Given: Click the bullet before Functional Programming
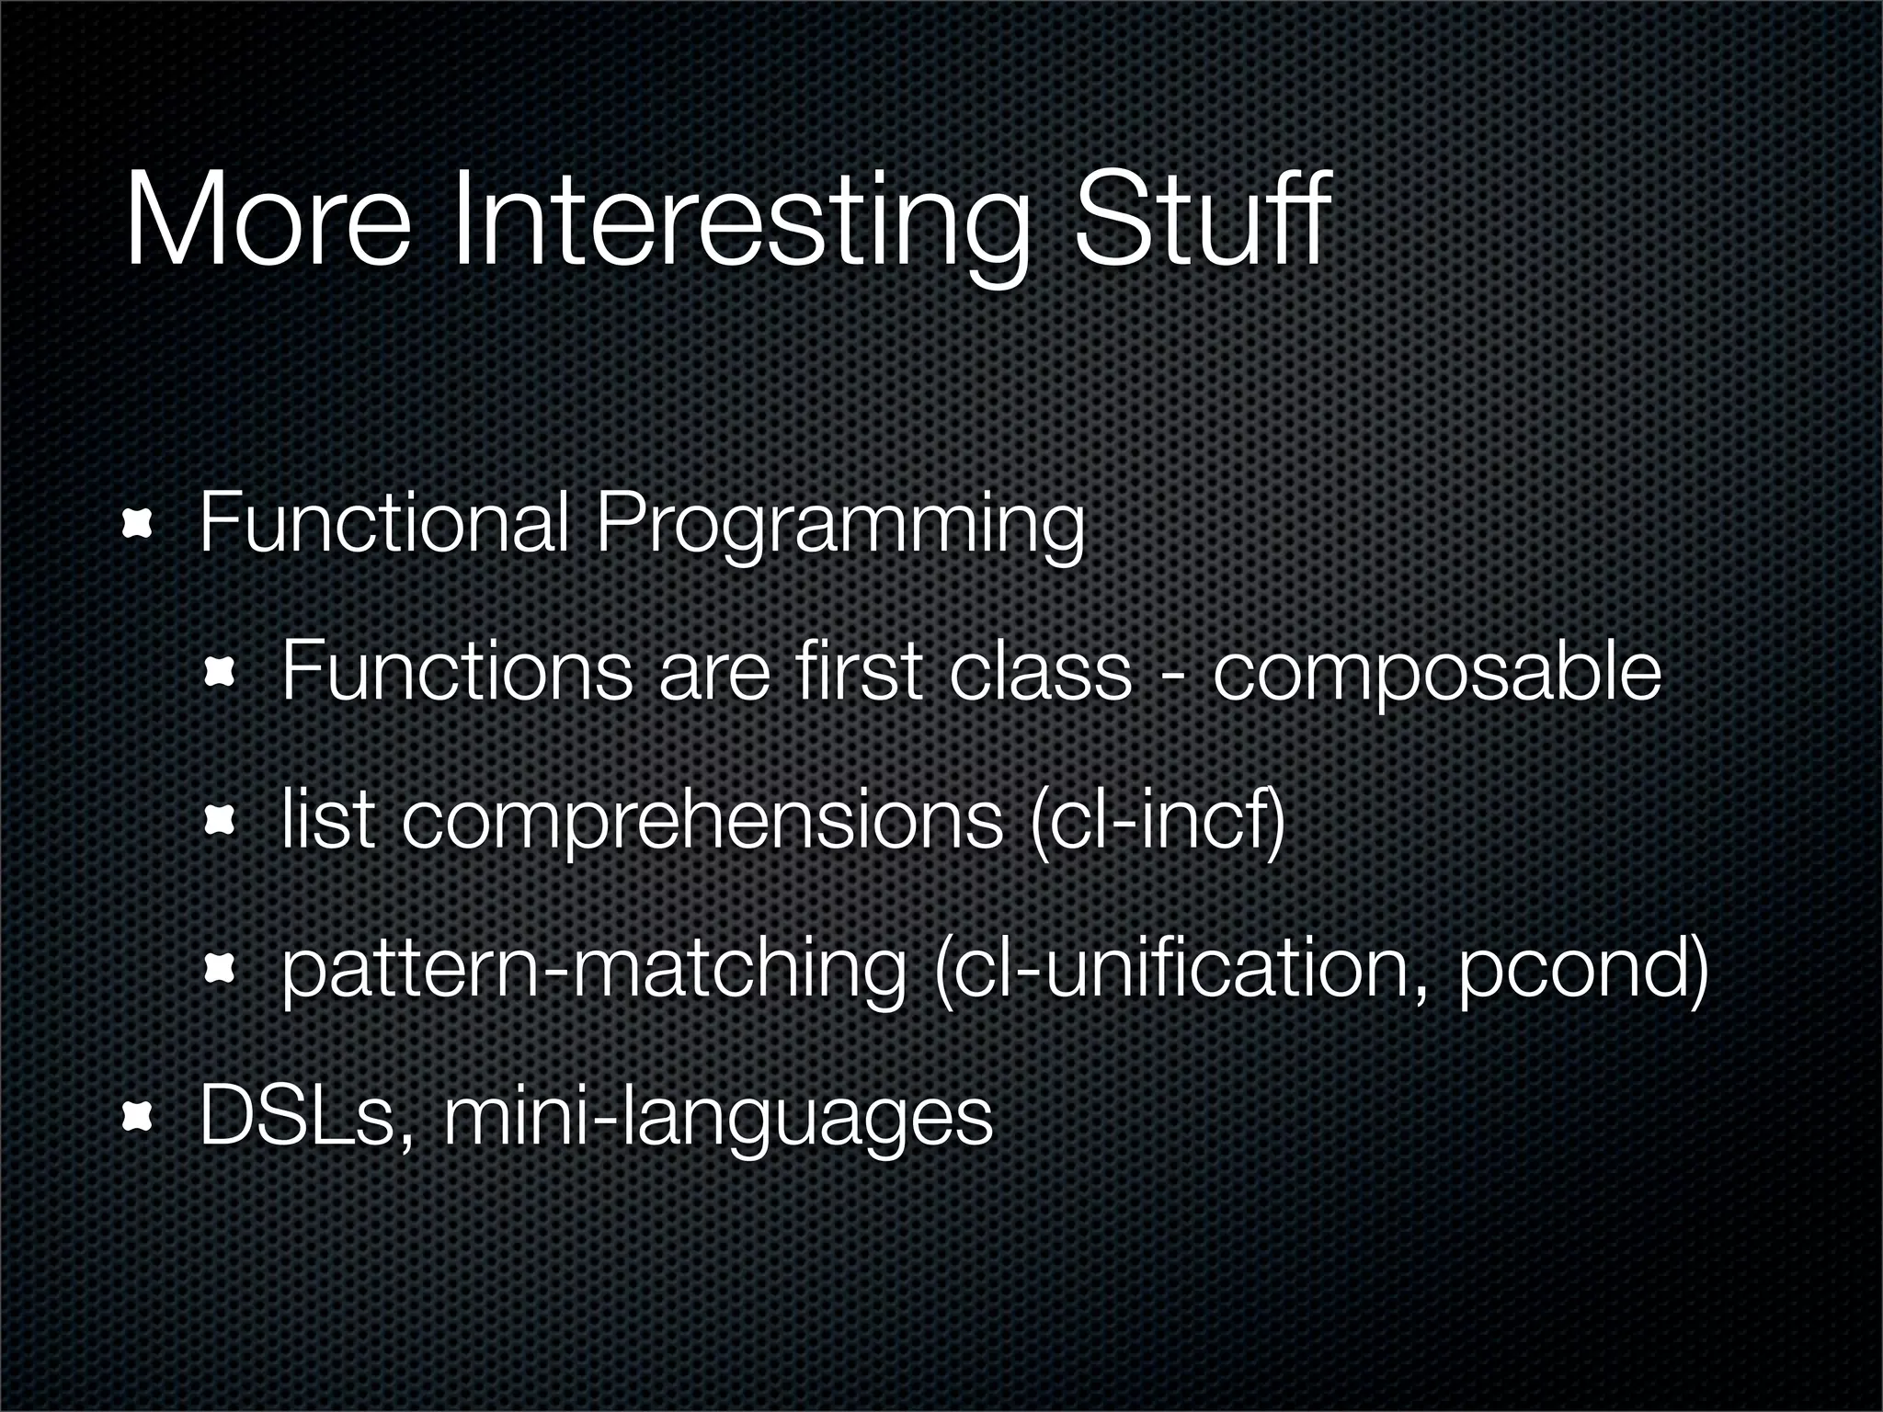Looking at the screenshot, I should pos(138,526).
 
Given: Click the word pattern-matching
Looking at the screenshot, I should pos(593,970).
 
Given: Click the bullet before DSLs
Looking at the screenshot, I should pos(138,1117).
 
